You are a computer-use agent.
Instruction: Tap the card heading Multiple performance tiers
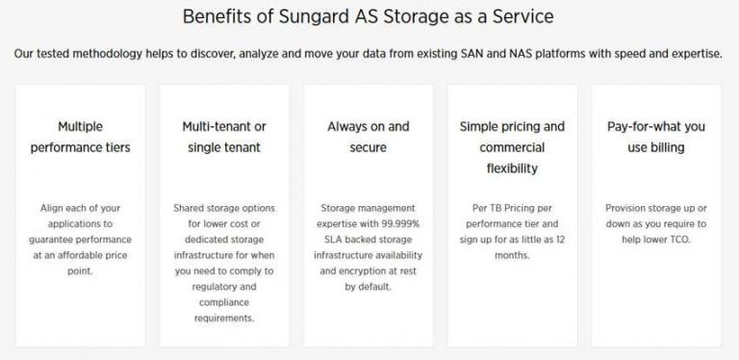80,137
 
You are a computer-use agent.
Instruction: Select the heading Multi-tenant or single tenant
224,137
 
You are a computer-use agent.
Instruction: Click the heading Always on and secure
369,137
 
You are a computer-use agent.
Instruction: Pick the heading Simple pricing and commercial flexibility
512,147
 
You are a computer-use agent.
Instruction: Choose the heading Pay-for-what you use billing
656,137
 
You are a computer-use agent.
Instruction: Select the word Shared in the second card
191,207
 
